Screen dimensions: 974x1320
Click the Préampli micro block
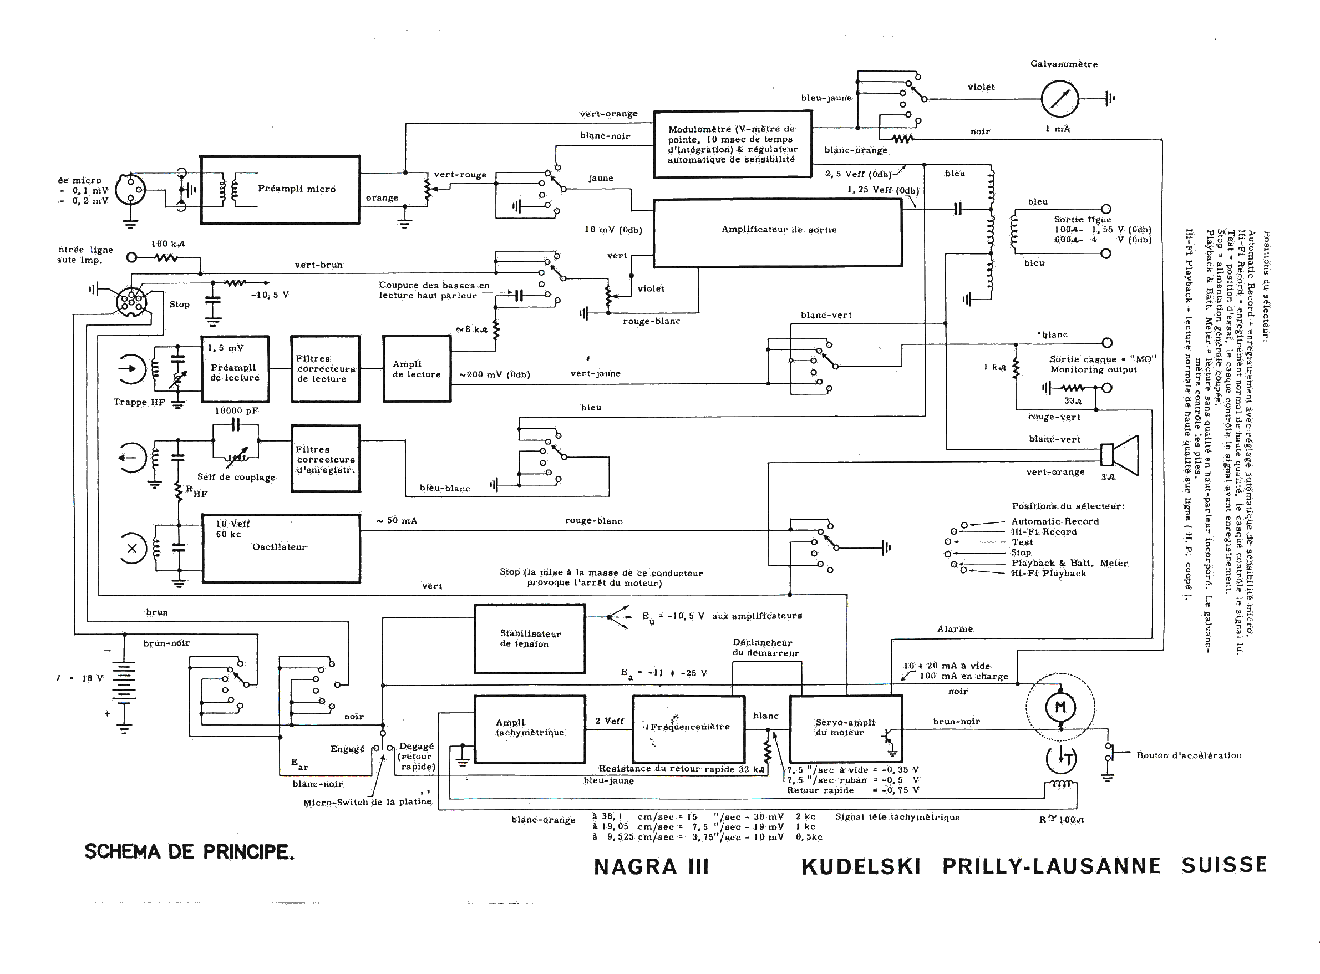[x=280, y=189]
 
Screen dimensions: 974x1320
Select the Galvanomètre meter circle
[x=1059, y=99]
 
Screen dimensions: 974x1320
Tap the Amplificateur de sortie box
[x=778, y=233]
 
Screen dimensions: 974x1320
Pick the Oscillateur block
[x=281, y=549]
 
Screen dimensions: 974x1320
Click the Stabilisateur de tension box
[x=530, y=638]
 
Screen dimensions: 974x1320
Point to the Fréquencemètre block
[x=689, y=729]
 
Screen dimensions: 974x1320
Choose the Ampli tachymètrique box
[x=530, y=729]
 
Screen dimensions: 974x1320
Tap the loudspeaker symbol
[x=1119, y=455]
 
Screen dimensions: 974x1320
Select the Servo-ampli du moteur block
[x=845, y=729]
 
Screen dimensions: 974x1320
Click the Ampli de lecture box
[x=417, y=369]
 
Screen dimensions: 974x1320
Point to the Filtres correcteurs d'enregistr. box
[x=326, y=459]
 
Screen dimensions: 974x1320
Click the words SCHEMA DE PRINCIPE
[x=189, y=852]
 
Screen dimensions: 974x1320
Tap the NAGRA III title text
[x=651, y=867]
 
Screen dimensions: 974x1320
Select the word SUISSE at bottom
[x=1224, y=865]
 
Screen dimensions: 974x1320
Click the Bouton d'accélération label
[x=1189, y=755]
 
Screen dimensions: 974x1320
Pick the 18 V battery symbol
[x=124, y=682]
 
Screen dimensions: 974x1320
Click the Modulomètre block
[x=732, y=144]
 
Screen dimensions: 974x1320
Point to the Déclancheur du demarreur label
[x=765, y=647]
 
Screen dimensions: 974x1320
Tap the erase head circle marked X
[x=132, y=549]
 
